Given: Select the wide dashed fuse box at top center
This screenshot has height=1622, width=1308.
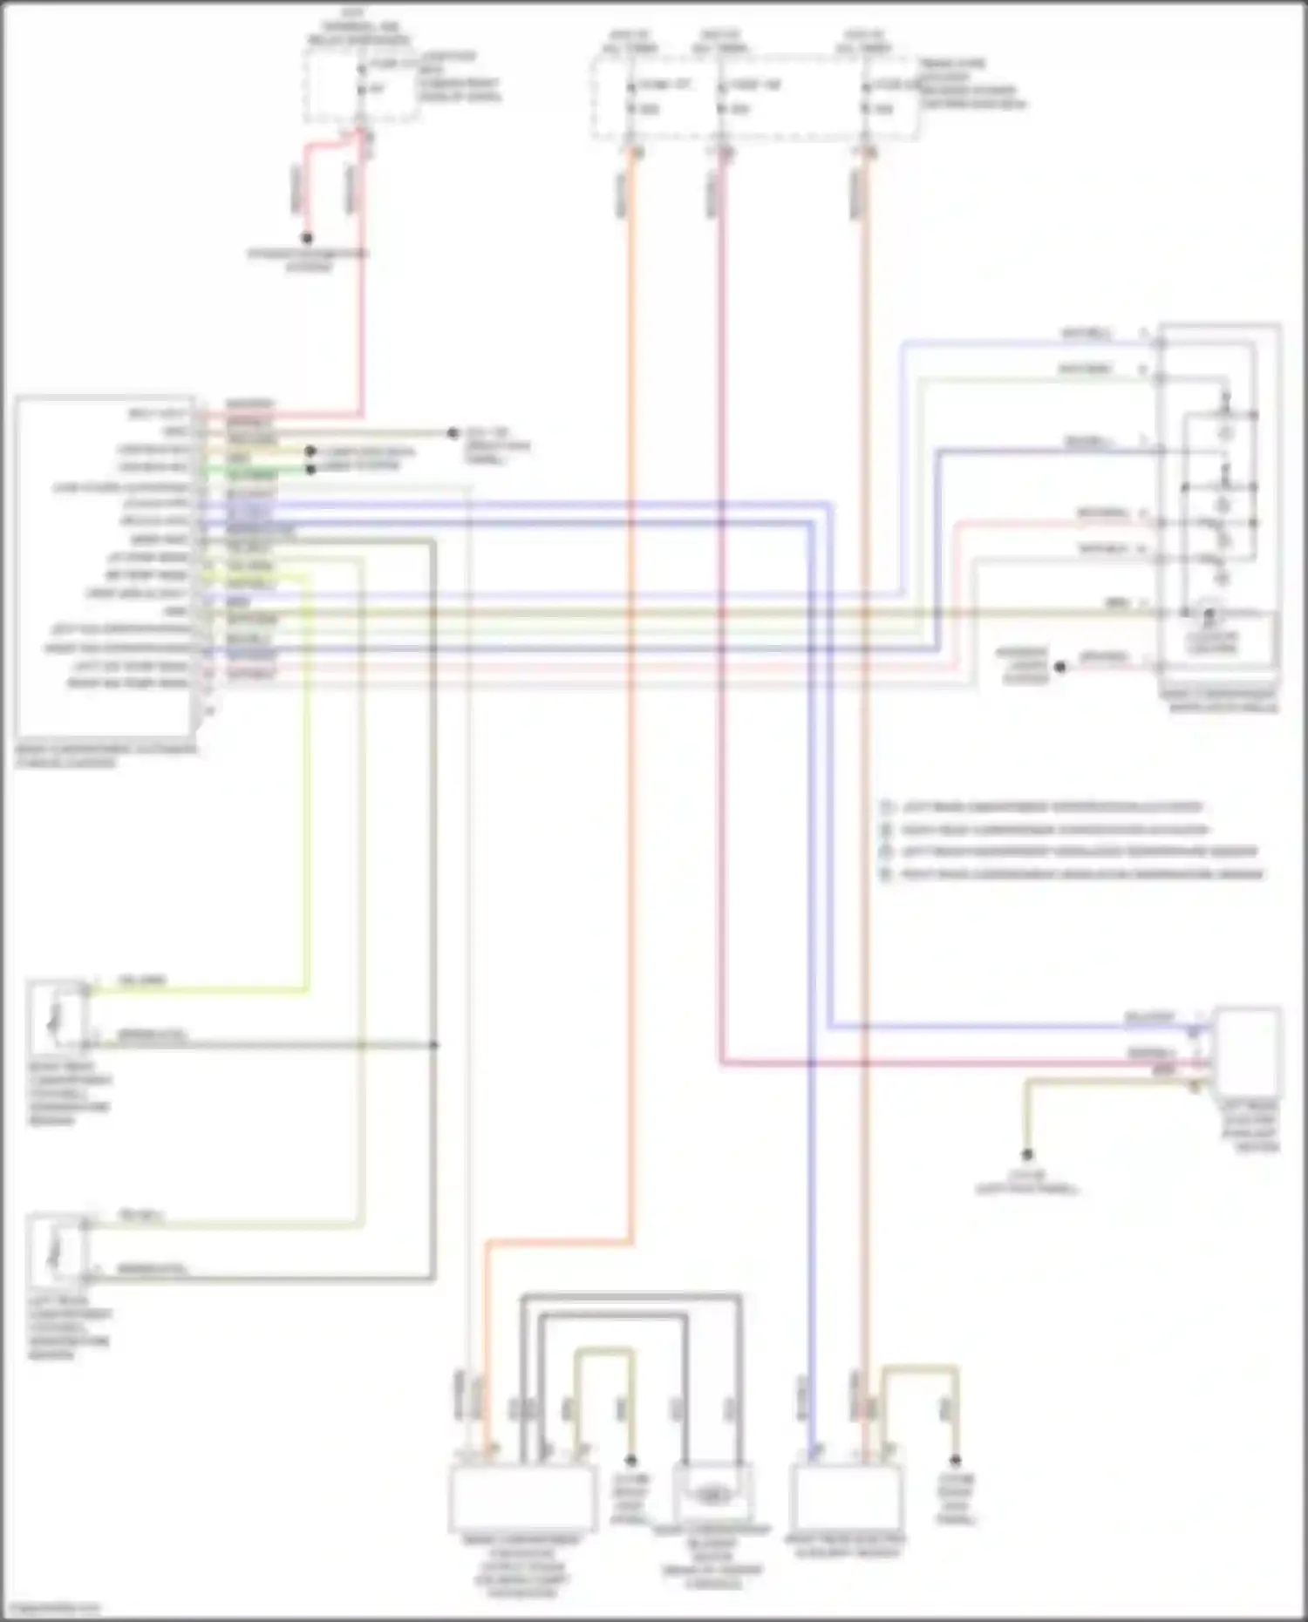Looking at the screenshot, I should click(x=754, y=98).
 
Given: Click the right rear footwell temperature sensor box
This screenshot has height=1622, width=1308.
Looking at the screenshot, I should click(x=57, y=1018).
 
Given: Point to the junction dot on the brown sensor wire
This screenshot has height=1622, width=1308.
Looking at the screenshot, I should click(x=434, y=1044).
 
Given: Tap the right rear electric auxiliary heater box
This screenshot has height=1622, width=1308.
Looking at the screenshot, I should click(x=846, y=1496).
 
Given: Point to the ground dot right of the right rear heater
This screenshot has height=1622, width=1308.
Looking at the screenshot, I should click(x=955, y=1460).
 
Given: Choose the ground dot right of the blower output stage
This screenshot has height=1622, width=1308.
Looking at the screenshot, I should click(x=630, y=1460).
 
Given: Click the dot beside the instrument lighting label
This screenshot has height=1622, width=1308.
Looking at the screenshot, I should click(x=1060, y=668).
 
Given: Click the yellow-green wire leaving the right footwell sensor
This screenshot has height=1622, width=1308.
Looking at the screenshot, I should click(x=201, y=988).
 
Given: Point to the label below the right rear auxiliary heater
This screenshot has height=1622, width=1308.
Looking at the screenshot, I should click(x=844, y=1546).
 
